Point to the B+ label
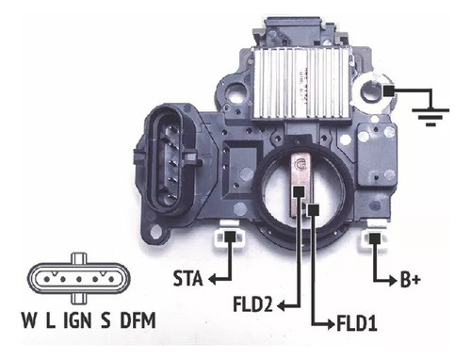(x=410, y=279)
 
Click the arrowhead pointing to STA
(x=213, y=279)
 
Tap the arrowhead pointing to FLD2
(x=283, y=305)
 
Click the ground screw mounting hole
(x=390, y=90)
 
